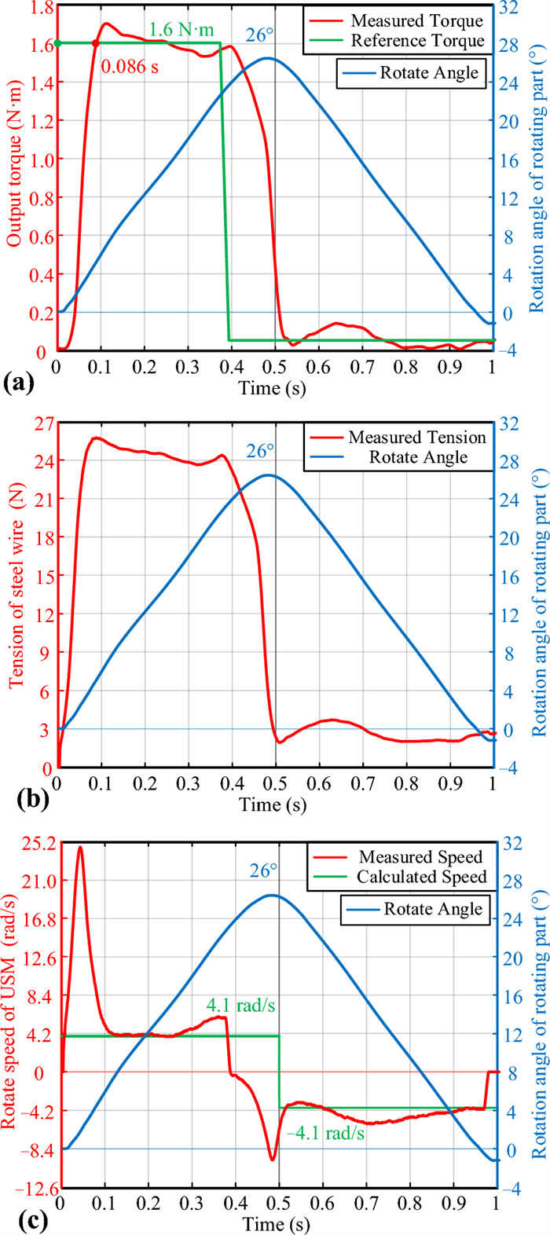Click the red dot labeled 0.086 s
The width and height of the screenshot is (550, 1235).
[95, 44]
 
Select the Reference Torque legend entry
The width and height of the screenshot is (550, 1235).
[416, 40]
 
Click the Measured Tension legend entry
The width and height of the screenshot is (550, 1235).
[417, 436]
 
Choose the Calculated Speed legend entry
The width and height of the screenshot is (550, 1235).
[422, 876]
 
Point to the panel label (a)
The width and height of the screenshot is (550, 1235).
[17, 384]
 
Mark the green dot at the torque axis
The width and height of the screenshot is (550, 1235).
[57, 43]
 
